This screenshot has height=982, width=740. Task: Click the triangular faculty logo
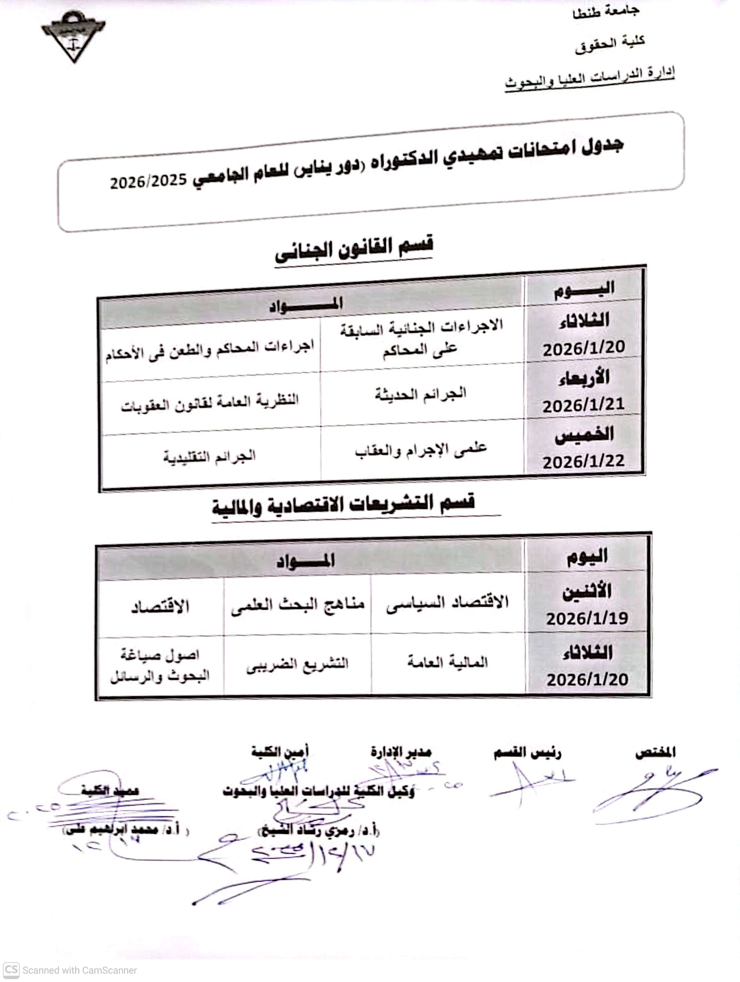(74, 35)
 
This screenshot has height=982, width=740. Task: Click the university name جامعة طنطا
(606, 12)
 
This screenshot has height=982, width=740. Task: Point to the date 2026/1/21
(583, 405)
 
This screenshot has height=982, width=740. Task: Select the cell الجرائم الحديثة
(421, 393)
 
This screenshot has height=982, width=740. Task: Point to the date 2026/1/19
(586, 618)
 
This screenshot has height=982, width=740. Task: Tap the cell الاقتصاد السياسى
(447, 603)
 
